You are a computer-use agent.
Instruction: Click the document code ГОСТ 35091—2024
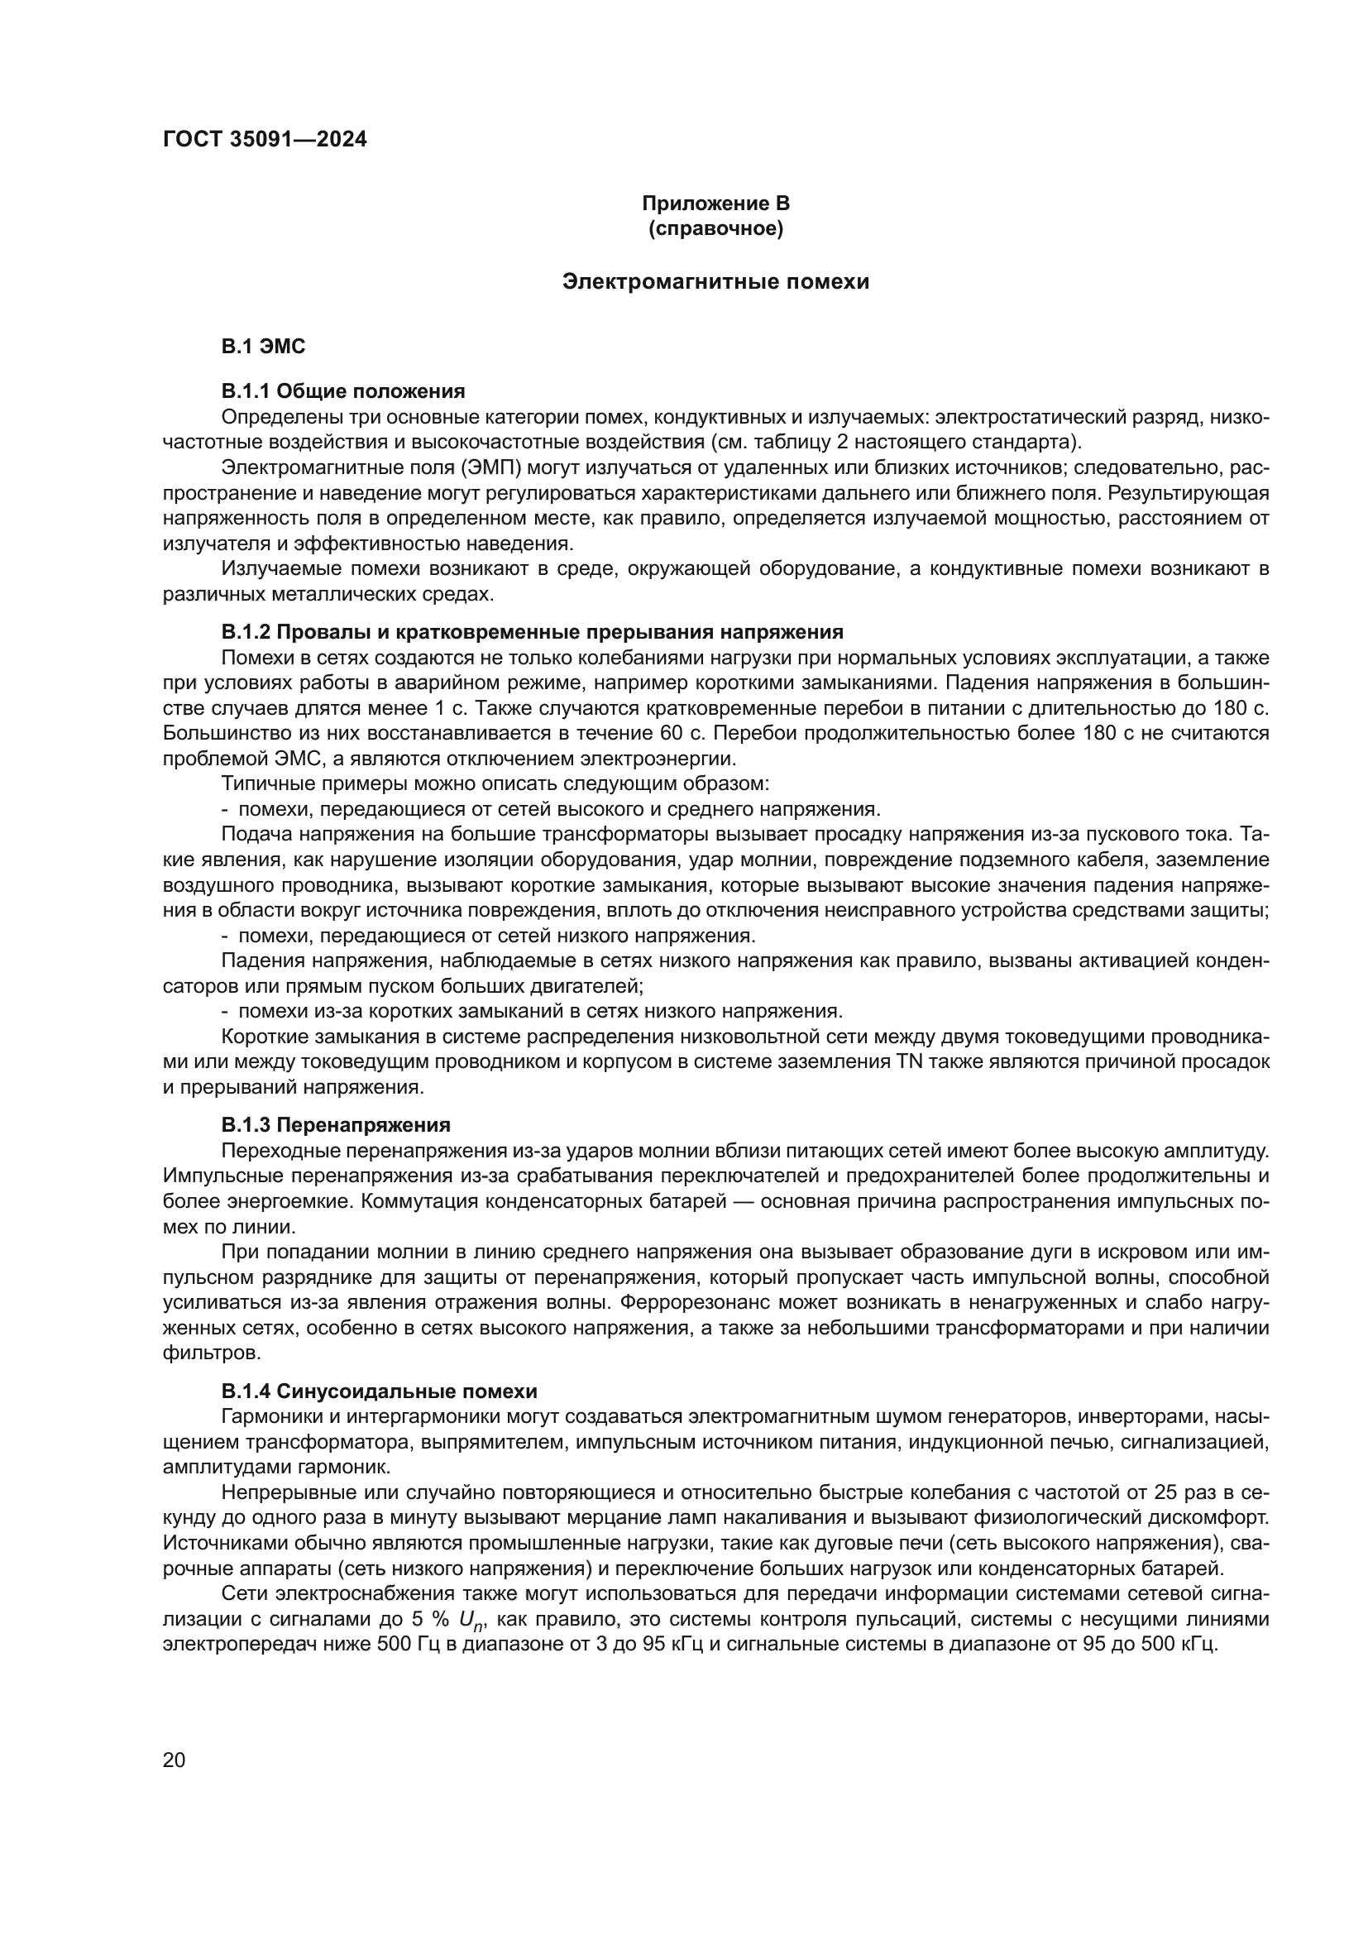click(x=265, y=139)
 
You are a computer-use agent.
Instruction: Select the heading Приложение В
click(x=715, y=204)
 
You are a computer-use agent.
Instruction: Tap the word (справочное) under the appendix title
click(x=715, y=228)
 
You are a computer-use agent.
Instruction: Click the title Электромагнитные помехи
click(x=715, y=281)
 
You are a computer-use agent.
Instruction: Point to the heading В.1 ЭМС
click(x=263, y=347)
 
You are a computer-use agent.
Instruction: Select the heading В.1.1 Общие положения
click(x=343, y=391)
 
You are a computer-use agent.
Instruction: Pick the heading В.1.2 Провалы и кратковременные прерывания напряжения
click(x=532, y=632)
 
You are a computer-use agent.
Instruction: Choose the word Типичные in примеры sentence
click(x=261, y=783)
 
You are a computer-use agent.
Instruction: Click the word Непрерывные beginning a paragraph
click(x=279, y=1492)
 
